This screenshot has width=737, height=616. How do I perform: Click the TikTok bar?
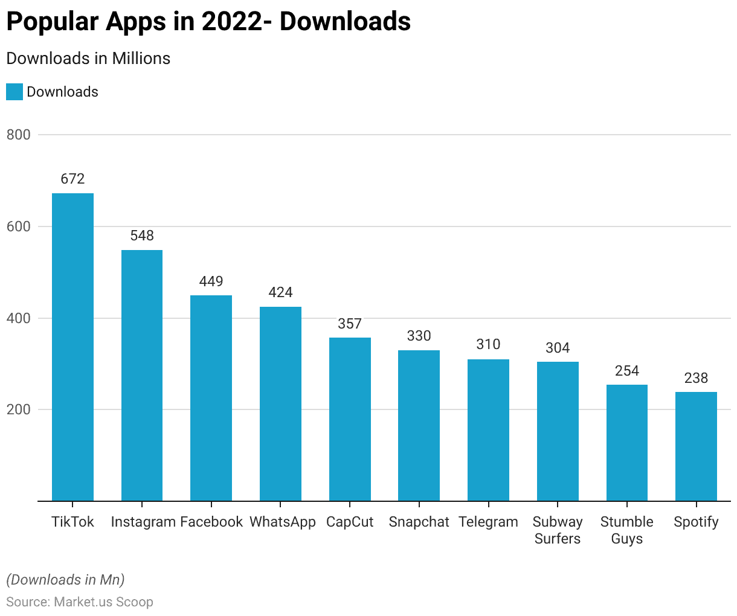[x=72, y=347]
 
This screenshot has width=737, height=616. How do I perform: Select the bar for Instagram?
[x=142, y=375]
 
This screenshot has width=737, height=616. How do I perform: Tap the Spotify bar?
[x=696, y=446]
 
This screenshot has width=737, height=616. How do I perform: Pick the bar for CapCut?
[x=350, y=419]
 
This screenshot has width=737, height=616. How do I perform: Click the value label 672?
[x=72, y=179]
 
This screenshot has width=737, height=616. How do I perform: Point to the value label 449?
[x=211, y=281]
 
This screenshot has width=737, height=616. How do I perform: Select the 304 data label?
[x=558, y=348]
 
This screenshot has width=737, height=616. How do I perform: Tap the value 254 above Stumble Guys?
[x=627, y=371]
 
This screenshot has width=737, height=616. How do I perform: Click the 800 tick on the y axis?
[x=19, y=135]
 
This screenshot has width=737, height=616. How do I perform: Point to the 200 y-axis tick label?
[x=19, y=409]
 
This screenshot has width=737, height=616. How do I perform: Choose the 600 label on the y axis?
[x=19, y=226]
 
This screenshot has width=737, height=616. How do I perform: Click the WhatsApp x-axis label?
[x=282, y=522]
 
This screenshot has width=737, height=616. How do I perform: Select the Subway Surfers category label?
[x=558, y=530]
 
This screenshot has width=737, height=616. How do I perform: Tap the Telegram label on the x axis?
[x=488, y=522]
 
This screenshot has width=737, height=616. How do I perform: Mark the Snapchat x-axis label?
[x=419, y=522]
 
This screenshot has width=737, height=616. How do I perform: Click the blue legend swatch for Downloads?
[x=14, y=92]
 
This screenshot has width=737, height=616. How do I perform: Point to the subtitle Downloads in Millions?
[x=88, y=59]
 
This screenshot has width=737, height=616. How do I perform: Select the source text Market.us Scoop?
[x=103, y=602]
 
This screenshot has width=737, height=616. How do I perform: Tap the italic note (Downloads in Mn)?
[x=65, y=580]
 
